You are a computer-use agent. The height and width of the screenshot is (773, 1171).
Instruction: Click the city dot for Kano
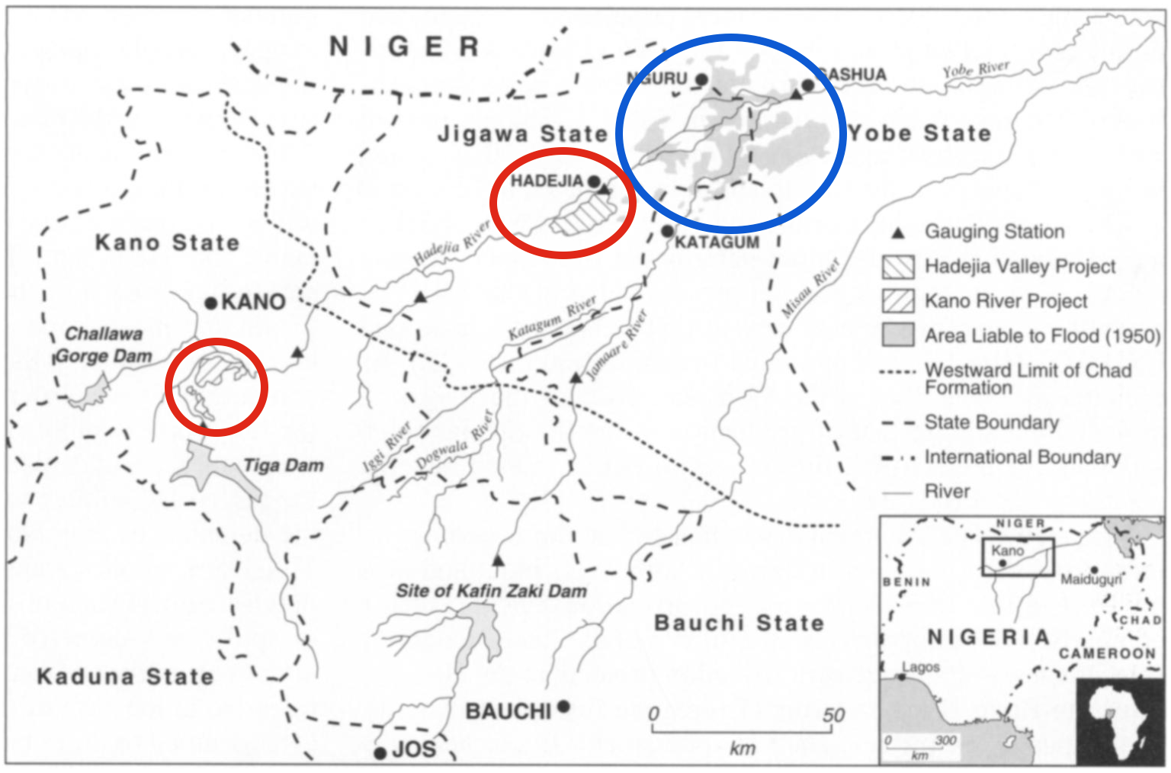point(211,303)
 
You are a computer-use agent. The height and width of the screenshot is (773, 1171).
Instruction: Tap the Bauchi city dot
point(563,707)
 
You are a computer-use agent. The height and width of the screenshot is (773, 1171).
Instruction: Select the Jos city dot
point(380,753)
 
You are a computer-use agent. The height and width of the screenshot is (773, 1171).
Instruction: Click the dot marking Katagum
point(667,231)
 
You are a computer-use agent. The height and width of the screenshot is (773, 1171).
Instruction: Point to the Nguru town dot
point(701,79)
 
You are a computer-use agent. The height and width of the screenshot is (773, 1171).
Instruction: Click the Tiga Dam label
point(283,465)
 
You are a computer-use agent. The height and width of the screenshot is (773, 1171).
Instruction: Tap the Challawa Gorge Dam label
point(103,345)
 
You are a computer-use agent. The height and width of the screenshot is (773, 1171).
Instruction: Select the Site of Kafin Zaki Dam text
point(491,591)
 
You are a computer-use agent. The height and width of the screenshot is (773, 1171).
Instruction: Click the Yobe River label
point(975,69)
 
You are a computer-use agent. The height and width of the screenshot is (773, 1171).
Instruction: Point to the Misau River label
point(810,288)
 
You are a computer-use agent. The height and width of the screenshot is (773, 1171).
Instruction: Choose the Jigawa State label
point(522,134)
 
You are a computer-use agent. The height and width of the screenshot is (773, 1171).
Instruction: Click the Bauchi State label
point(739,623)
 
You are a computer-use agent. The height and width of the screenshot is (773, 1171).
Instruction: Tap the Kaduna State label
point(125,676)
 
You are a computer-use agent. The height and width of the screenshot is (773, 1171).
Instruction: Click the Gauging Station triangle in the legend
point(898,233)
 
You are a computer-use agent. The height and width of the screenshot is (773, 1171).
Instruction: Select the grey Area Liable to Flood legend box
point(897,335)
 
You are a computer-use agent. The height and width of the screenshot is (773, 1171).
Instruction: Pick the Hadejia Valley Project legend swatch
point(897,267)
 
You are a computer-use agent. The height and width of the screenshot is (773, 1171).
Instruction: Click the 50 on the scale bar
point(833,715)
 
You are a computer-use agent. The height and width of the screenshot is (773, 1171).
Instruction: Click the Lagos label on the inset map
point(921,667)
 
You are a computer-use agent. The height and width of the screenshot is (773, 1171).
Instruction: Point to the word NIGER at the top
point(404,47)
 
